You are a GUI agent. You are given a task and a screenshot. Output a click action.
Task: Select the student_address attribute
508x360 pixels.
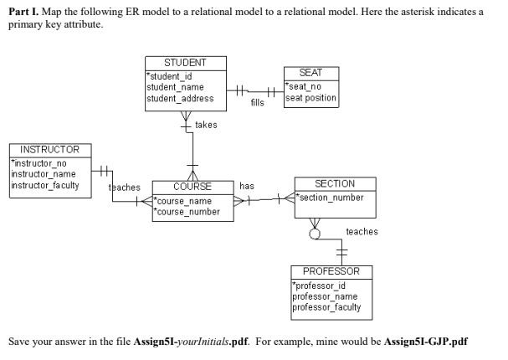pyautogui.click(x=180, y=98)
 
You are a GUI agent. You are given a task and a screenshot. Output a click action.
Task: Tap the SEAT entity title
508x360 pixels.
pyautogui.click(x=310, y=74)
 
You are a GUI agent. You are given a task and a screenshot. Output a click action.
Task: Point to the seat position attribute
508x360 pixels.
pyautogui.click(x=311, y=97)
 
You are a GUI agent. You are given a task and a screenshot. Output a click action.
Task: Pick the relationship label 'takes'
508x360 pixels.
pyautogui.click(x=206, y=125)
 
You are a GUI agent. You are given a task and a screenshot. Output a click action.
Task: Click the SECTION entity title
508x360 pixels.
pyautogui.click(x=335, y=183)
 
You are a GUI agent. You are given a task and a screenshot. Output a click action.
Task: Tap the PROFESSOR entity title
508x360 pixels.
pyautogui.click(x=331, y=272)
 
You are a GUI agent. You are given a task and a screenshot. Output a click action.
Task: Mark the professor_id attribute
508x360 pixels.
pyautogui.click(x=319, y=286)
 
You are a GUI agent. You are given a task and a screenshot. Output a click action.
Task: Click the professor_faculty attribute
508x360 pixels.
pyautogui.click(x=326, y=307)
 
